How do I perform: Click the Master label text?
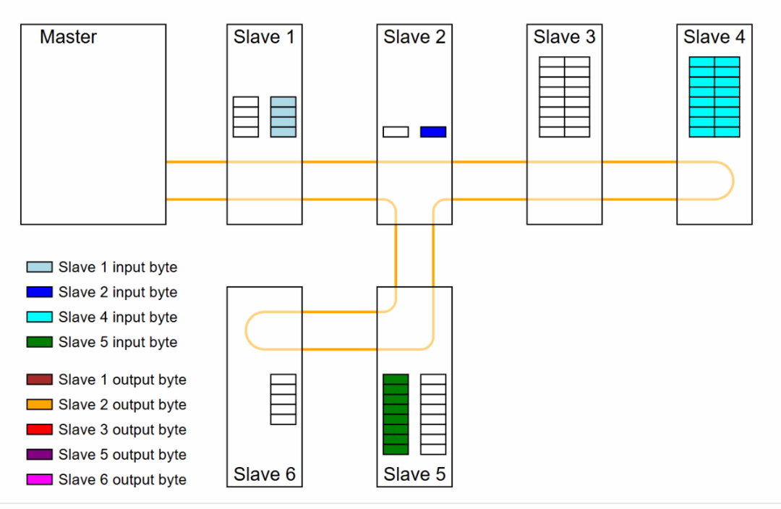pyautogui.click(x=68, y=37)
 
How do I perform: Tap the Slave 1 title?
pyautogui.click(x=264, y=37)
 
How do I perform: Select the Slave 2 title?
pyautogui.click(x=414, y=37)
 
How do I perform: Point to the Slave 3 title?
pyautogui.click(x=564, y=37)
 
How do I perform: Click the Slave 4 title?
pyautogui.click(x=714, y=37)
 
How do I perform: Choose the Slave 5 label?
pyautogui.click(x=414, y=475)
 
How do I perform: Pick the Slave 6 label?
pyautogui.click(x=264, y=475)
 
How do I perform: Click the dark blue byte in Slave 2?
pyautogui.click(x=433, y=132)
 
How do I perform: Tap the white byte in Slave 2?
pyautogui.click(x=396, y=132)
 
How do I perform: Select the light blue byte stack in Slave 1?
pyautogui.click(x=283, y=116)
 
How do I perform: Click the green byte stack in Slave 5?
pyautogui.click(x=396, y=414)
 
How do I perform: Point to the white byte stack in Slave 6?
pyautogui.click(x=283, y=399)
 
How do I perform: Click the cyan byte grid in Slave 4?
pyautogui.click(x=714, y=97)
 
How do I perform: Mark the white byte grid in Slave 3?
pyautogui.click(x=565, y=97)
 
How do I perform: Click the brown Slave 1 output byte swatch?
pyautogui.click(x=40, y=380)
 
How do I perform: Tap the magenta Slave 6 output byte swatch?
pyautogui.click(x=40, y=479)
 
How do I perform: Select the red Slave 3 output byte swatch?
pyautogui.click(x=40, y=429)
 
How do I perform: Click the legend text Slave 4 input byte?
pyautogui.click(x=118, y=317)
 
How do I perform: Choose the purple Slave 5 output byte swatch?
pyautogui.click(x=40, y=454)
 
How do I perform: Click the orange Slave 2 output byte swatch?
pyautogui.click(x=40, y=404)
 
